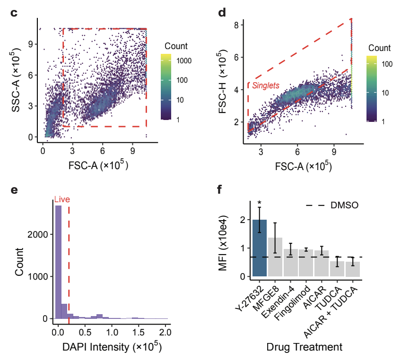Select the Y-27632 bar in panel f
(260, 248)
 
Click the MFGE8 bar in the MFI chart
(275, 257)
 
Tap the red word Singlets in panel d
(265, 86)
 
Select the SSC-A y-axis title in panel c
(17, 79)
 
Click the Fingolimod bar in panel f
(306, 263)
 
